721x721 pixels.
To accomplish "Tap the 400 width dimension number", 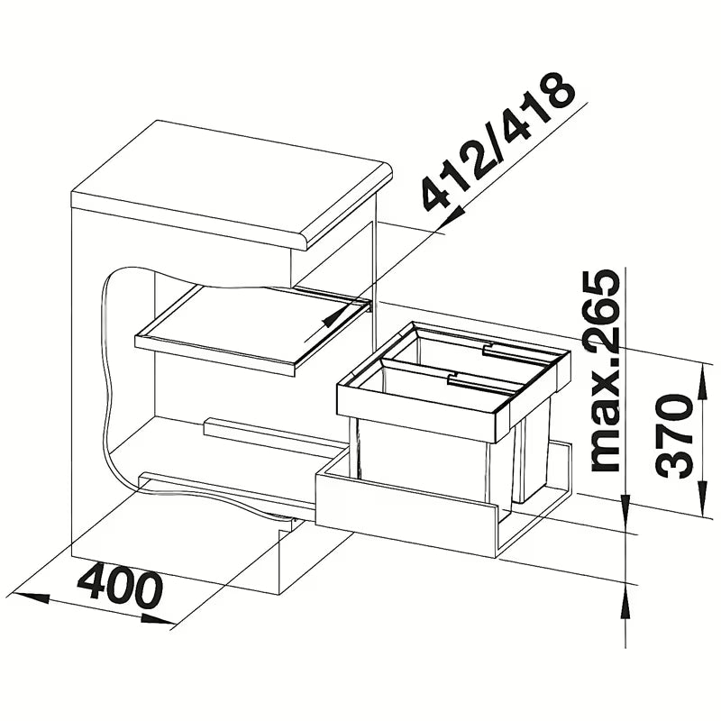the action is click(121, 589).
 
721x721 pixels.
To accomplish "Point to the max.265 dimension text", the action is click(604, 370).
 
